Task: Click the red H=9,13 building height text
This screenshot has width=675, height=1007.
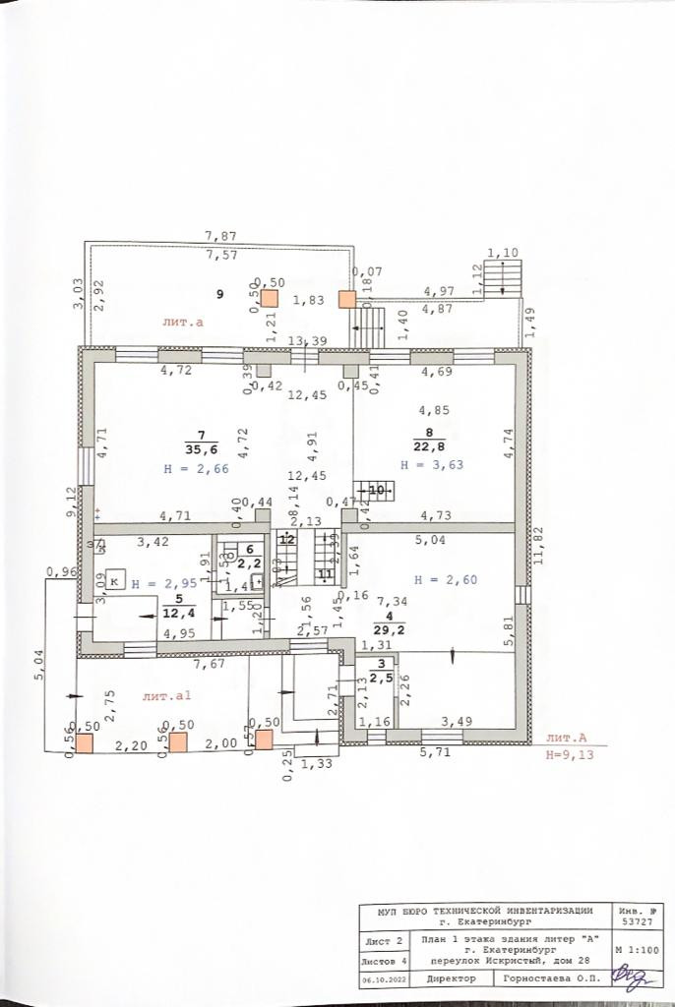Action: pyautogui.click(x=572, y=756)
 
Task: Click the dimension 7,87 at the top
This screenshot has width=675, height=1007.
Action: pyautogui.click(x=220, y=236)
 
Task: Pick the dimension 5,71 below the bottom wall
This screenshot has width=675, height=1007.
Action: pyautogui.click(x=435, y=752)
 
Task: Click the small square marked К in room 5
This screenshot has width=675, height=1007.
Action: pyautogui.click(x=115, y=581)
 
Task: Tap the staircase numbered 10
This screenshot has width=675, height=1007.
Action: pyautogui.click(x=377, y=489)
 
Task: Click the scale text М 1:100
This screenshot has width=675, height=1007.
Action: pyautogui.click(x=636, y=951)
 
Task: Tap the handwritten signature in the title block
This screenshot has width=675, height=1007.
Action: pyautogui.click(x=631, y=977)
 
